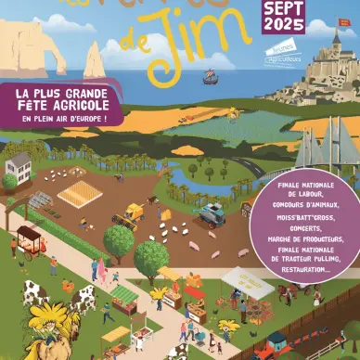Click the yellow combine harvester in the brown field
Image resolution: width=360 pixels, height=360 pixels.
point(129,214)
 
